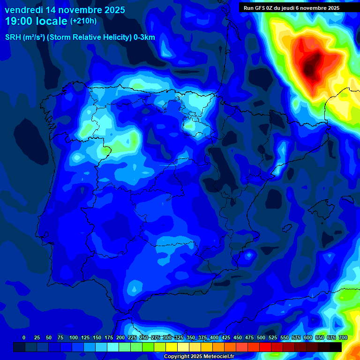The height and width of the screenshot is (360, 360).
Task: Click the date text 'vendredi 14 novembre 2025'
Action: [x=65, y=10]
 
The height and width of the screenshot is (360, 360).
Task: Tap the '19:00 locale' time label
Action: [x=36, y=21]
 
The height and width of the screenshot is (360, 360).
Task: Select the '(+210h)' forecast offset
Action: [x=83, y=21]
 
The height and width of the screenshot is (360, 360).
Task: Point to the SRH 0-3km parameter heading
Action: [x=80, y=37]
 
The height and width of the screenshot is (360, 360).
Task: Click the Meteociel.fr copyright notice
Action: [x=198, y=356]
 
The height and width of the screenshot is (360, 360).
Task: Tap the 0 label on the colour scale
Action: [x=24, y=337]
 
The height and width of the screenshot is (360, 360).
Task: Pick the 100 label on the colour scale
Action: [x=74, y=337]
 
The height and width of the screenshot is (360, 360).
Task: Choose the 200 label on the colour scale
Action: [x=120, y=337]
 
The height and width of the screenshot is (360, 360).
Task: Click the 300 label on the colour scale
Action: [x=167, y=337]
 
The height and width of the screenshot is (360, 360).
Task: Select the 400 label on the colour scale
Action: [x=214, y=337]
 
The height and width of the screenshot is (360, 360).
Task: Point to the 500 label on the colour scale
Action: [x=261, y=337]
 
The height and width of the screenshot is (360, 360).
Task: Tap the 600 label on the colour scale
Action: [x=308, y=337]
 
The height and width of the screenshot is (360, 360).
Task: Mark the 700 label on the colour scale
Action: [x=343, y=337]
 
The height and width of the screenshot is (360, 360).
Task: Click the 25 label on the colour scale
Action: [x=37, y=337]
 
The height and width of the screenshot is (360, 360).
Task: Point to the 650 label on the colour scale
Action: [x=320, y=337]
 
